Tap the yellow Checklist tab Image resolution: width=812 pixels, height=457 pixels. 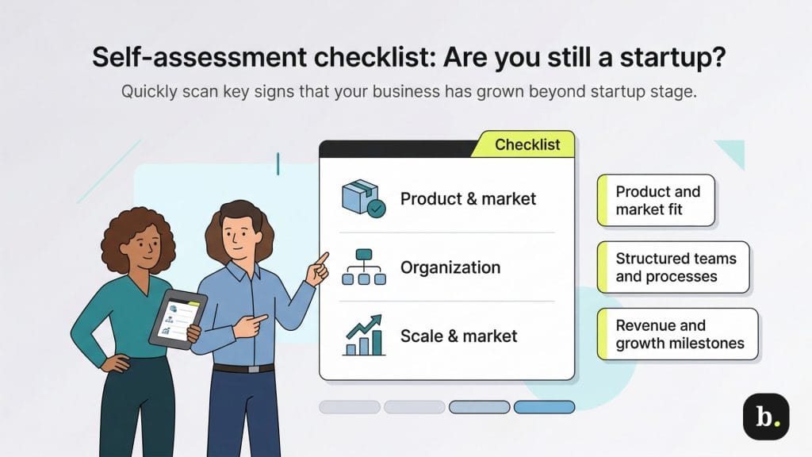527,144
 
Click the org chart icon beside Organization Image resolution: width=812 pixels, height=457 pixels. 364,267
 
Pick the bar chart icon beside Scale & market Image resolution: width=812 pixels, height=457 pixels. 364,336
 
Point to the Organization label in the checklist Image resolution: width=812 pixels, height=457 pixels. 450,267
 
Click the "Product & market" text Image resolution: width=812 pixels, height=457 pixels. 468,198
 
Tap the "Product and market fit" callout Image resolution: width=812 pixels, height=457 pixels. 657,201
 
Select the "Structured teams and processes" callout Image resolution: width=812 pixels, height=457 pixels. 673,267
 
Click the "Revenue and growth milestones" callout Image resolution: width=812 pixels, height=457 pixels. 678,335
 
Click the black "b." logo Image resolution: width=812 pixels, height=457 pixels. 765,416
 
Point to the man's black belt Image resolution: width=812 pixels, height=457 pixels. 243,368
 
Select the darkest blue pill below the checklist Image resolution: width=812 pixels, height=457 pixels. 544,407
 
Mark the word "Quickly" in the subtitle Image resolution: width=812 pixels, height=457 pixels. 147,91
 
